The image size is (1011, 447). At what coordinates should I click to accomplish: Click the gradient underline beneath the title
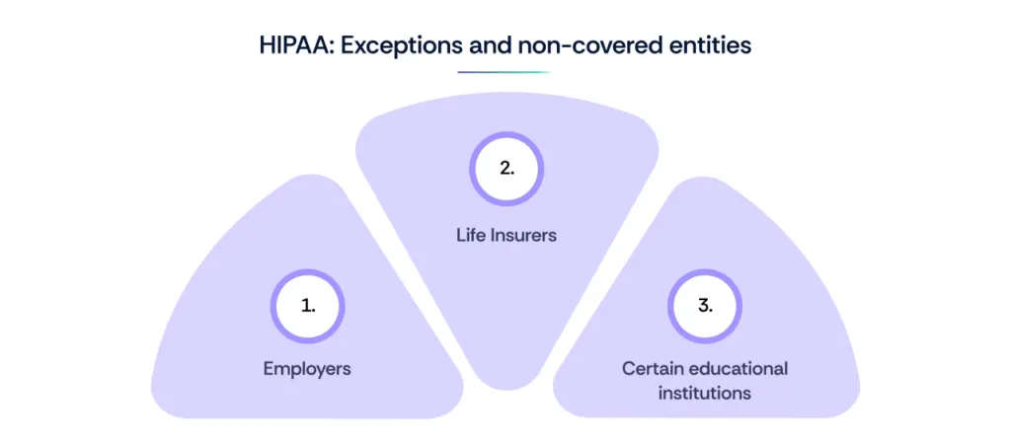coord(505,72)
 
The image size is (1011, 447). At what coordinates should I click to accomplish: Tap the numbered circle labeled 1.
coord(308,306)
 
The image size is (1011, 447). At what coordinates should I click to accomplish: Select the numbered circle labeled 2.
coord(506,168)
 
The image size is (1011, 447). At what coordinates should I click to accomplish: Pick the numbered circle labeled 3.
coord(704,306)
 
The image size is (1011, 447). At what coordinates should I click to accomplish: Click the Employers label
coord(307,369)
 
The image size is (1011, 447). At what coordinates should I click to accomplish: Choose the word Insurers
coord(524,235)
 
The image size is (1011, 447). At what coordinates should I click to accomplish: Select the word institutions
coord(705,393)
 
